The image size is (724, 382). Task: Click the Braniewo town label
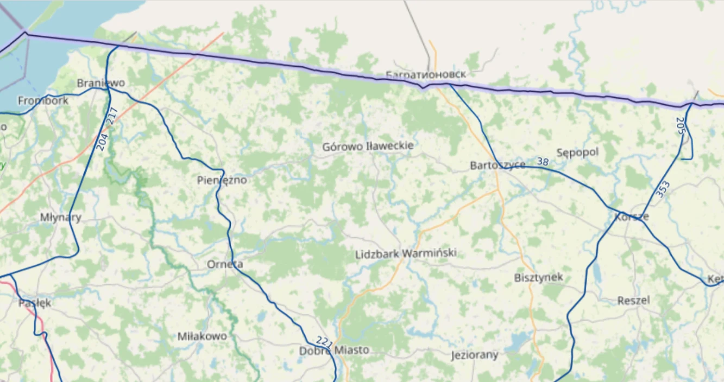pos(101,83)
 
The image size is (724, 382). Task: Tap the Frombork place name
pos(43,100)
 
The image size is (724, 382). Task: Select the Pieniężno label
pos(222,180)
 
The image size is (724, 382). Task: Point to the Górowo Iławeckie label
pos(368,146)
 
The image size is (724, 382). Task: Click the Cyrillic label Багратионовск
pos(426,74)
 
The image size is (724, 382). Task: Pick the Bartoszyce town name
pos(498,165)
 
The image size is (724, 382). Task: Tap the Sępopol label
pos(578,152)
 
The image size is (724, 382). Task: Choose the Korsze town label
pos(632,217)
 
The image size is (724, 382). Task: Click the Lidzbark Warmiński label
pos(406,253)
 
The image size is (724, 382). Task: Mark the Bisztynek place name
pos(538,278)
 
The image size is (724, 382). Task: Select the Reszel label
pos(633,300)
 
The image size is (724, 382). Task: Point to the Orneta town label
pos(225,265)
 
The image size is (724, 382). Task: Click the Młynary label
pos(61,218)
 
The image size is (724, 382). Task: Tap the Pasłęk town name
pos(35,303)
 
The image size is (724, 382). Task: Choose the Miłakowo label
pos(202,336)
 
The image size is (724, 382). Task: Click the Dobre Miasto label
pos(334,351)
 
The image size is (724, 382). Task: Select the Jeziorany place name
pos(475,355)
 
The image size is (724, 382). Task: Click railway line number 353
pos(663,189)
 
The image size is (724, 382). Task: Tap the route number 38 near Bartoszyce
pos(543,162)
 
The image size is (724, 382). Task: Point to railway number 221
pos(324,342)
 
